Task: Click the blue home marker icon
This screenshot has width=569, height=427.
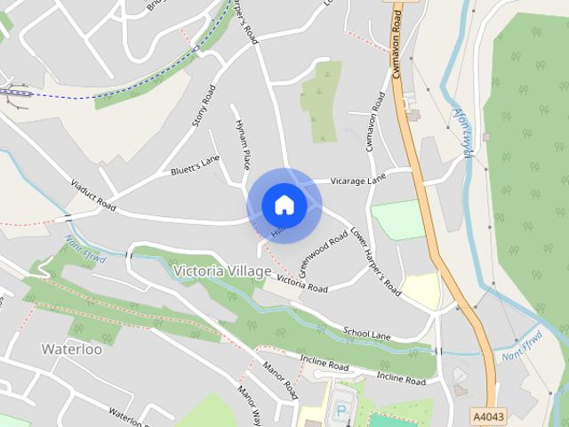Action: pos(284,205)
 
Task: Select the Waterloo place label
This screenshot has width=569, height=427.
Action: pos(72,349)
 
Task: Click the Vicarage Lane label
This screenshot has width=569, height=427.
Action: pos(358,179)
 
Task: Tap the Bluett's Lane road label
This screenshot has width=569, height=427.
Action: pos(195,165)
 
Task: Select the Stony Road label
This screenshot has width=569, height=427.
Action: pos(204,105)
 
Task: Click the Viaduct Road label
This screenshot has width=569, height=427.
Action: pos(93,193)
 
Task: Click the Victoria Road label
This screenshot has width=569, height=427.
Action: pos(302,284)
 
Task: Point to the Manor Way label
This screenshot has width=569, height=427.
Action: pos(248,406)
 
